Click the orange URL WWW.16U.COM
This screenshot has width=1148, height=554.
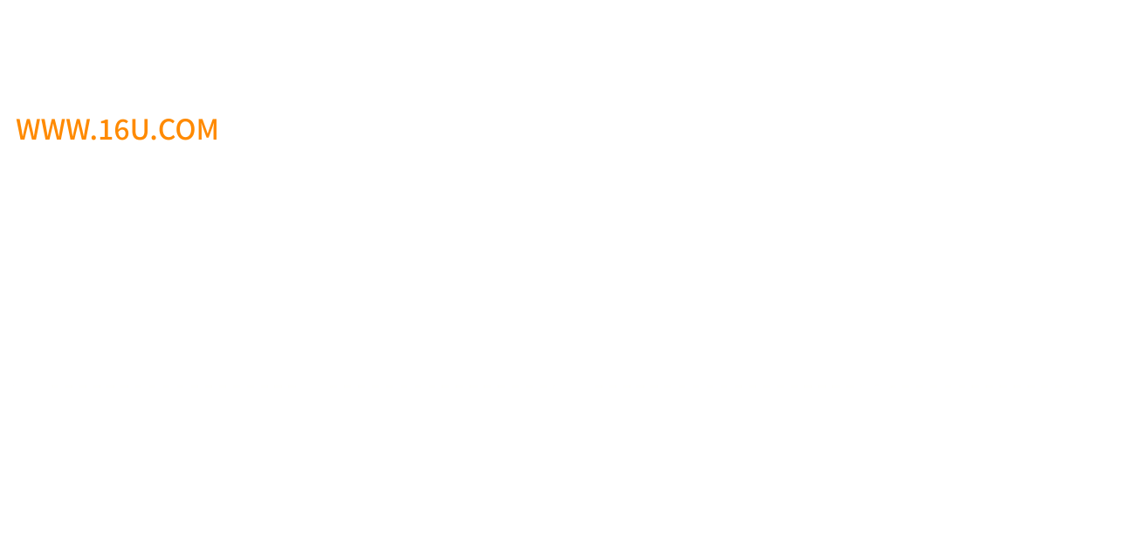[x=116, y=130]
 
